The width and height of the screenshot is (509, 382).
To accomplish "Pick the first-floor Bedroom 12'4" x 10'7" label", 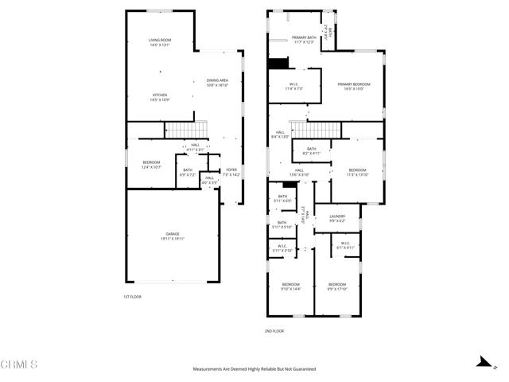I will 151,164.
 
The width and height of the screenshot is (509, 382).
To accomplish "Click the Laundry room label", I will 337,218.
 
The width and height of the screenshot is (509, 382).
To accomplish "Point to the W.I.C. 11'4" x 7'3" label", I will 293,87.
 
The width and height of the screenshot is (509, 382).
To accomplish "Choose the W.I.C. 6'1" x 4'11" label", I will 345,245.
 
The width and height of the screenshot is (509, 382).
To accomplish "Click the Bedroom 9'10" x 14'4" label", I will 291,286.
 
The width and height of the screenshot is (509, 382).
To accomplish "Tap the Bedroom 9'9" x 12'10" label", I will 337,286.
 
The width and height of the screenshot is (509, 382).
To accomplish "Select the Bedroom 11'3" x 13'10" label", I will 357,172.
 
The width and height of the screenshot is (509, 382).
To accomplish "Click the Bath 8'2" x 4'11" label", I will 312,150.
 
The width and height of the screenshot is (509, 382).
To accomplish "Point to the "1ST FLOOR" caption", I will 132,297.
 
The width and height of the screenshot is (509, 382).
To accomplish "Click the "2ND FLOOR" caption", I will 274,330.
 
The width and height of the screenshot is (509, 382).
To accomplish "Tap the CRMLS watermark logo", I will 19,364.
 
